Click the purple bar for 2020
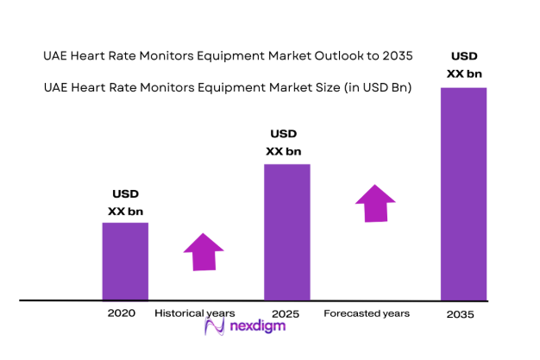(125, 261)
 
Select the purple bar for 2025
(286, 231)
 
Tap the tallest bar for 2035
(463, 193)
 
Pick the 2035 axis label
(461, 315)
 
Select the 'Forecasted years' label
(367, 313)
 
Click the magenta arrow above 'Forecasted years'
(376, 204)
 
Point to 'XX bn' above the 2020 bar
(125, 211)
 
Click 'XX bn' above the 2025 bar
(283, 151)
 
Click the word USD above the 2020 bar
(125, 193)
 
